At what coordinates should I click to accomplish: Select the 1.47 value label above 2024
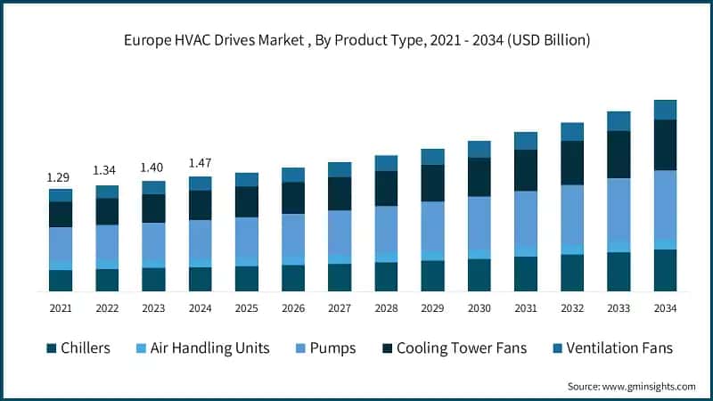(x=201, y=163)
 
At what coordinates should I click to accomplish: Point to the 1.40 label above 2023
(x=153, y=168)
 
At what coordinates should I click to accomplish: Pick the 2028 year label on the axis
(x=386, y=308)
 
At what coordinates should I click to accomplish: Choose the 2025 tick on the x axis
(x=247, y=308)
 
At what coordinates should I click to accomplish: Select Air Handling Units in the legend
(x=209, y=348)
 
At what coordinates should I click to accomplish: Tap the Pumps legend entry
(x=331, y=348)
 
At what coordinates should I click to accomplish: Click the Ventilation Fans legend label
(x=622, y=348)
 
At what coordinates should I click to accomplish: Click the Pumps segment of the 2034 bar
(x=665, y=204)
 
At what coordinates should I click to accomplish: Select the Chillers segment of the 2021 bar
(x=61, y=281)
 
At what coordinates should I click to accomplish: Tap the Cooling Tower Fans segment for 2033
(x=619, y=154)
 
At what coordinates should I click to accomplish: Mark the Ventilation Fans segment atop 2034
(x=665, y=110)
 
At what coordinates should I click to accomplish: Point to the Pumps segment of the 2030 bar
(x=479, y=223)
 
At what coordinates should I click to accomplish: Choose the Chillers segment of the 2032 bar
(x=571, y=273)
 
